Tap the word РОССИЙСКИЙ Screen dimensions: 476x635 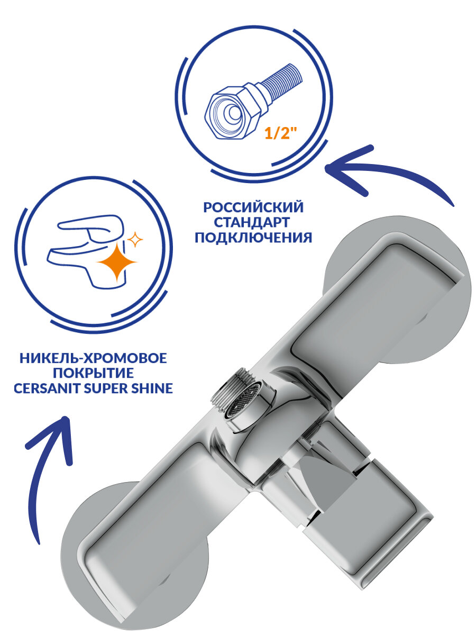coord(253,206)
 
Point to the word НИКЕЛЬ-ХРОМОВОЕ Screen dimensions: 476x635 coord(93,359)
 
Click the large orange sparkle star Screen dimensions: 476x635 coord(113,263)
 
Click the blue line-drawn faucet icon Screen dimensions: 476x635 coord(87,254)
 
